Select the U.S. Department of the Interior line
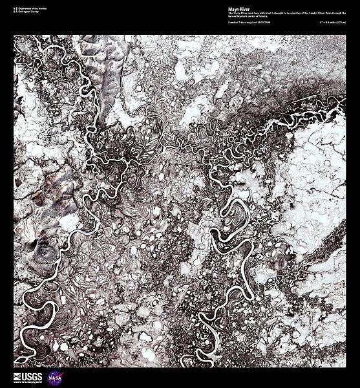29,10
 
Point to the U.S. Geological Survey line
26,14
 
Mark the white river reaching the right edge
336,113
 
